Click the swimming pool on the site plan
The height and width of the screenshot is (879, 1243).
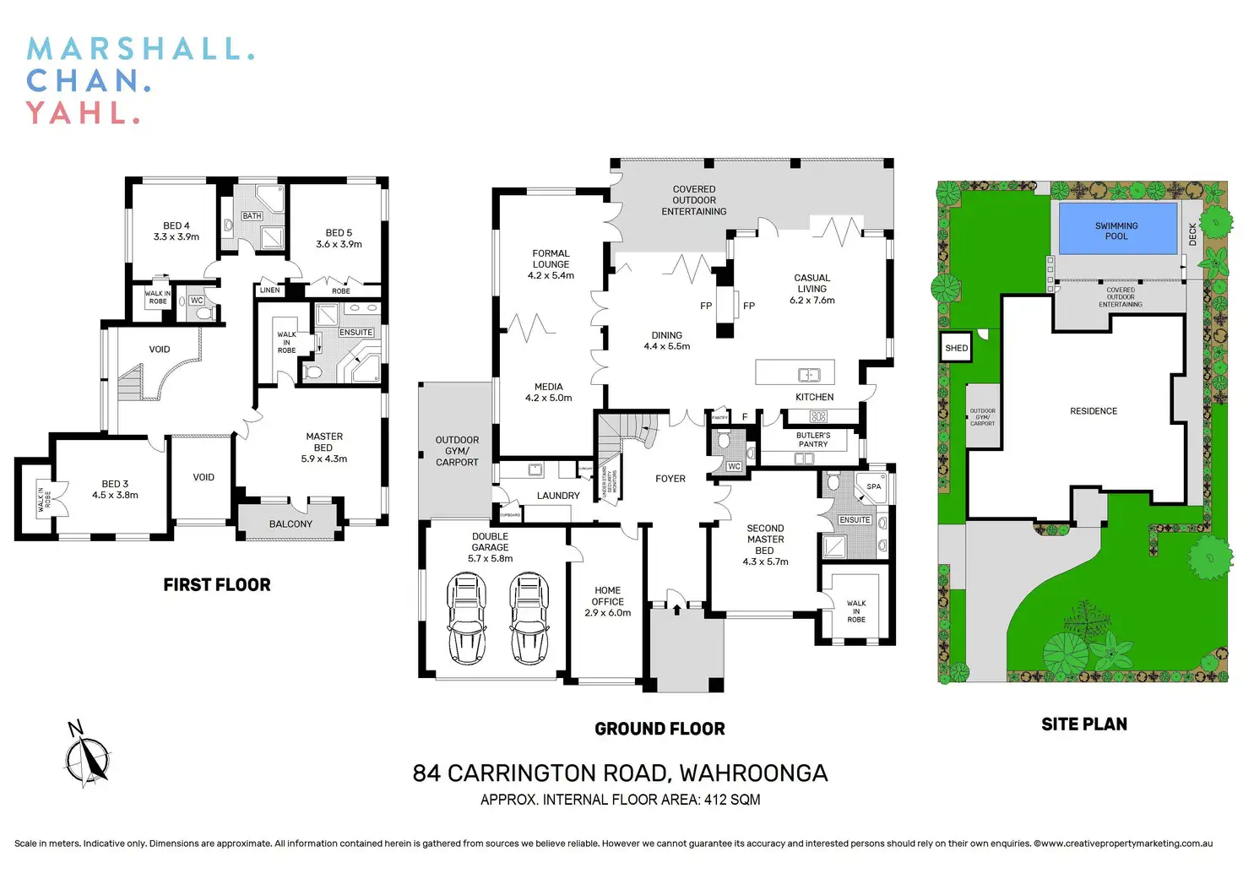1117,228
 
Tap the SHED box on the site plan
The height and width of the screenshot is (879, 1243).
956,348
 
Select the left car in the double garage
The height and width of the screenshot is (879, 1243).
466,617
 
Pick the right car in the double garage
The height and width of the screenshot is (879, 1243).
529,617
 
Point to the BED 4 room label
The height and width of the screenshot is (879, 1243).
176,226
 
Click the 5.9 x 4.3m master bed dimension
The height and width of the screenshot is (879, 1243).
324,459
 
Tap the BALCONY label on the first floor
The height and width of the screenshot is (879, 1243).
290,524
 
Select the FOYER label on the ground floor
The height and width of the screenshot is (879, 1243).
670,479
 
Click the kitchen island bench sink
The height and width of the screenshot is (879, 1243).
809,375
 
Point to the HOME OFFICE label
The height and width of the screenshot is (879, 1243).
608,596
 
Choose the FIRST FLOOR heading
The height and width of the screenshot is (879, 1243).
217,585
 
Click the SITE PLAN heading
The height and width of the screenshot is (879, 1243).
1084,724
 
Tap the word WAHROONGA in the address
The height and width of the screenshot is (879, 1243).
753,773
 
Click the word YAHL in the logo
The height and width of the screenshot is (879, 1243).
81,112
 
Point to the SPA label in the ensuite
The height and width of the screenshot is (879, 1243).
874,486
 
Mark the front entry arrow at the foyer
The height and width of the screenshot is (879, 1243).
676,607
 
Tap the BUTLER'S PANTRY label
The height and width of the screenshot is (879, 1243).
813,440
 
